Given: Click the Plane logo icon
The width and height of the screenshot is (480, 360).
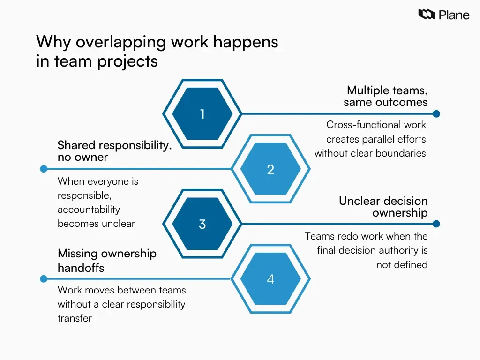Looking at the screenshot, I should pyautogui.click(x=427, y=15).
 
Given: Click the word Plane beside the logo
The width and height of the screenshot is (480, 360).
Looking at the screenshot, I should pyautogui.click(x=454, y=15).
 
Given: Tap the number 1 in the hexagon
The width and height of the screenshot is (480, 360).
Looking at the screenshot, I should pyautogui.click(x=202, y=114).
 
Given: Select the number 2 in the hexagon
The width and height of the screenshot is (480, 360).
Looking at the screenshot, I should pyautogui.click(x=270, y=169).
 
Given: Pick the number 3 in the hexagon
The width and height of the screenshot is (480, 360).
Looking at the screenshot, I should pyautogui.click(x=202, y=224).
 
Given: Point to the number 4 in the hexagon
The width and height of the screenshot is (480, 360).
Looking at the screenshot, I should pyautogui.click(x=270, y=279).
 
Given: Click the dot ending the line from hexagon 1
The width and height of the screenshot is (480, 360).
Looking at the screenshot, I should pyautogui.click(x=436, y=114).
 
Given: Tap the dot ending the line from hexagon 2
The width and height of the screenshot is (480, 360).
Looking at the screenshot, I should pyautogui.click(x=44, y=169).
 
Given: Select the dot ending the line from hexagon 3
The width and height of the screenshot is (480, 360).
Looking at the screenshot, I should pyautogui.click(x=436, y=224).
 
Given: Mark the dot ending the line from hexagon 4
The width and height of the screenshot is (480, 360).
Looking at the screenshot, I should pyautogui.click(x=44, y=279).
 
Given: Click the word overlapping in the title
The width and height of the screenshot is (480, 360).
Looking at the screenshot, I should pyautogui.click(x=121, y=42).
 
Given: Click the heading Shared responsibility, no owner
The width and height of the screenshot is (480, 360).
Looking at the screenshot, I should pyautogui.click(x=114, y=151).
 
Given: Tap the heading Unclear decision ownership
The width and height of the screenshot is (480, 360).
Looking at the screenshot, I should pyautogui.click(x=383, y=207).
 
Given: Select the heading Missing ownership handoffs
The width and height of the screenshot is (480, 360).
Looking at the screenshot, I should pyautogui.click(x=107, y=261).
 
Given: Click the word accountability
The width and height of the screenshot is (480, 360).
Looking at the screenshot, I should pyautogui.click(x=89, y=210).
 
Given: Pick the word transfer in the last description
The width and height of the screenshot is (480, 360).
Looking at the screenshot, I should pyautogui.click(x=75, y=318).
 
